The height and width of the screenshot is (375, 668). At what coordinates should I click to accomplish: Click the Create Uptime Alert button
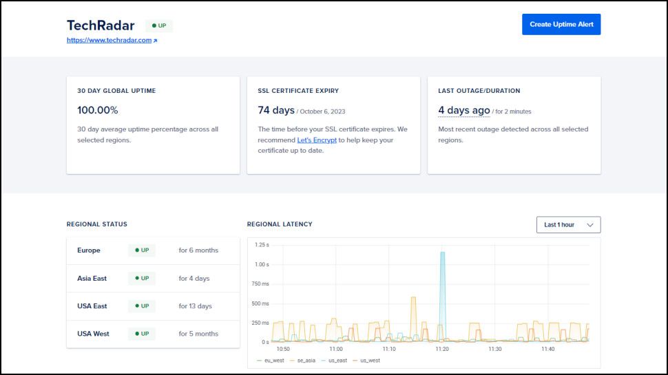561,24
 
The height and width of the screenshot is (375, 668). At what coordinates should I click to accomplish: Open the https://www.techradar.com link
109,41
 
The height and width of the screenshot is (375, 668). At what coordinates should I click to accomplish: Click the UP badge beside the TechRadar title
159,25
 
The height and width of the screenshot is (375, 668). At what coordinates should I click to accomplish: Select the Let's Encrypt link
317,140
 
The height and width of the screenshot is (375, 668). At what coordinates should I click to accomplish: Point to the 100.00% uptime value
97,110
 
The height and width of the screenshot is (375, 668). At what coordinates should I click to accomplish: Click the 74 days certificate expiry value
276,110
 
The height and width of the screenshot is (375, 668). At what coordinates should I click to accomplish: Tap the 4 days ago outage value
464,110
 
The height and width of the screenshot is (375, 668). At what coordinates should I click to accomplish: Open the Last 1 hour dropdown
568,225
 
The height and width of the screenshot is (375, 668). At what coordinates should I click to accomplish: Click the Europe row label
89,250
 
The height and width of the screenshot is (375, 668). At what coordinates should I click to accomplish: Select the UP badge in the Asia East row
142,279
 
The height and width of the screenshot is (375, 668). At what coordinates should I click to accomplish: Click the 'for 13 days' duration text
196,306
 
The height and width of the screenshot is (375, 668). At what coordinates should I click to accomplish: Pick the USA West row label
93,334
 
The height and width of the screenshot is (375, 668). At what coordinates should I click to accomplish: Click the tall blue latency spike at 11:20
442,289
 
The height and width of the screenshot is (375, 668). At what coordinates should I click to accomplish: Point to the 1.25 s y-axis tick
261,245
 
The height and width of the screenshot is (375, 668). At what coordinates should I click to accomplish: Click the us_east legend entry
337,361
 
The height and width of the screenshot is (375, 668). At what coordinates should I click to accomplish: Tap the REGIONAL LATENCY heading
280,224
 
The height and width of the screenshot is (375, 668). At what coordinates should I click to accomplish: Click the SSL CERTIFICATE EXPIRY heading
298,91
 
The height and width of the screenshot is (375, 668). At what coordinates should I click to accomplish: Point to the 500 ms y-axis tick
260,303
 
